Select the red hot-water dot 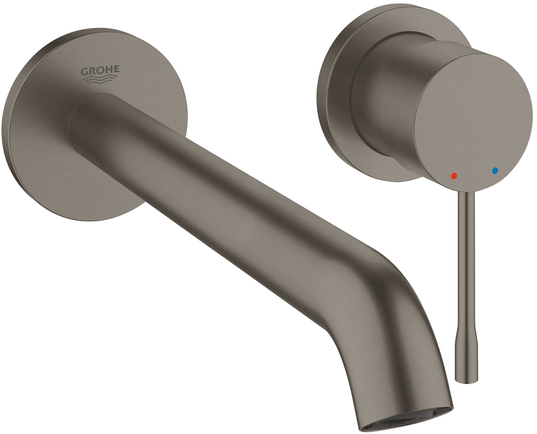pyautogui.click(x=453, y=175)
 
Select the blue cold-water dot pyautogui.click(x=495, y=171)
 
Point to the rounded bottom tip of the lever pyautogui.click(x=467, y=379)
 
